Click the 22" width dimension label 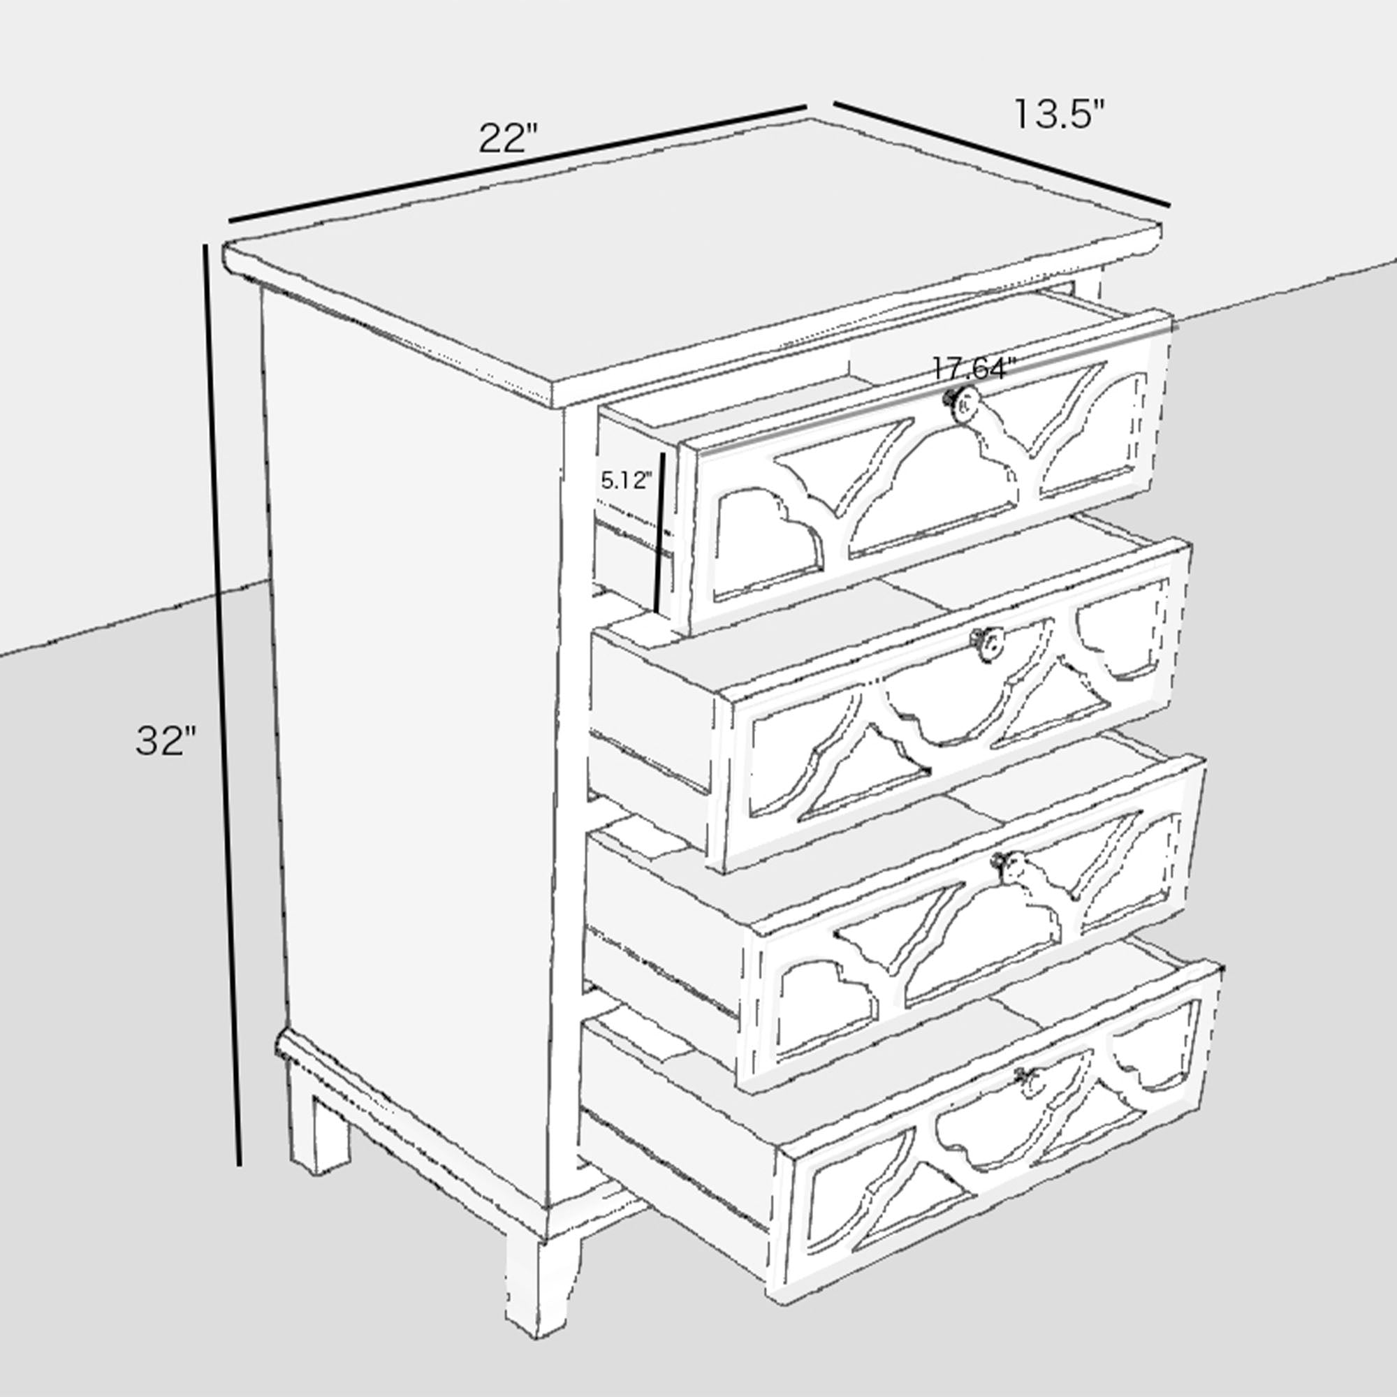(x=509, y=138)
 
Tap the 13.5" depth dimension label (x=1060, y=114)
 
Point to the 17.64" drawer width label (x=970, y=369)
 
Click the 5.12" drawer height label (x=626, y=479)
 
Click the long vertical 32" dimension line (x=223, y=716)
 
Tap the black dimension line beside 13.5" (x=1002, y=153)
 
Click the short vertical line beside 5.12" (x=659, y=532)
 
